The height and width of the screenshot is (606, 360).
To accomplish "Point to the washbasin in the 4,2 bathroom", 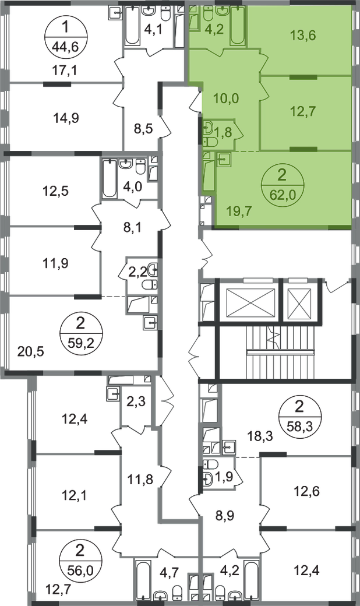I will [x=223, y=10].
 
